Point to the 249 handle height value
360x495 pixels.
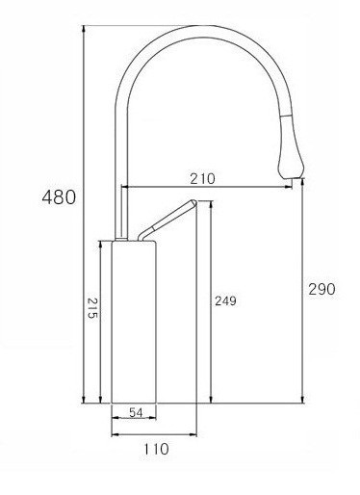click(225, 301)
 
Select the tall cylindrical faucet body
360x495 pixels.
click(134, 323)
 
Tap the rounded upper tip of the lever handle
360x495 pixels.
click(192, 203)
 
